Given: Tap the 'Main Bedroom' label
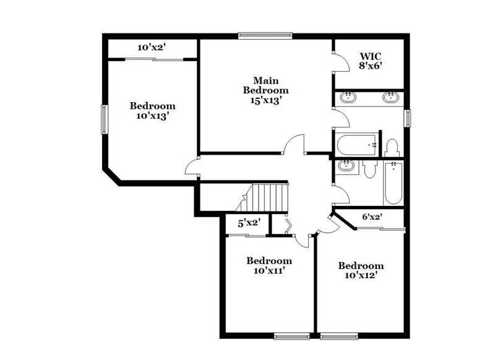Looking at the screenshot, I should [265, 85].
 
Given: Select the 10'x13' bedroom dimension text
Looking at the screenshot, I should [152, 116].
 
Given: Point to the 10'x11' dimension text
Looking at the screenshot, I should [269, 270].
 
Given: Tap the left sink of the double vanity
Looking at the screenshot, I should [348, 97].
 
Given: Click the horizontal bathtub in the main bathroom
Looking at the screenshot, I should [358, 145].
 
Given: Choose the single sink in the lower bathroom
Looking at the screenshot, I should [346, 166].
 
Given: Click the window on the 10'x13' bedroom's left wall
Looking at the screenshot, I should [104, 118].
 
